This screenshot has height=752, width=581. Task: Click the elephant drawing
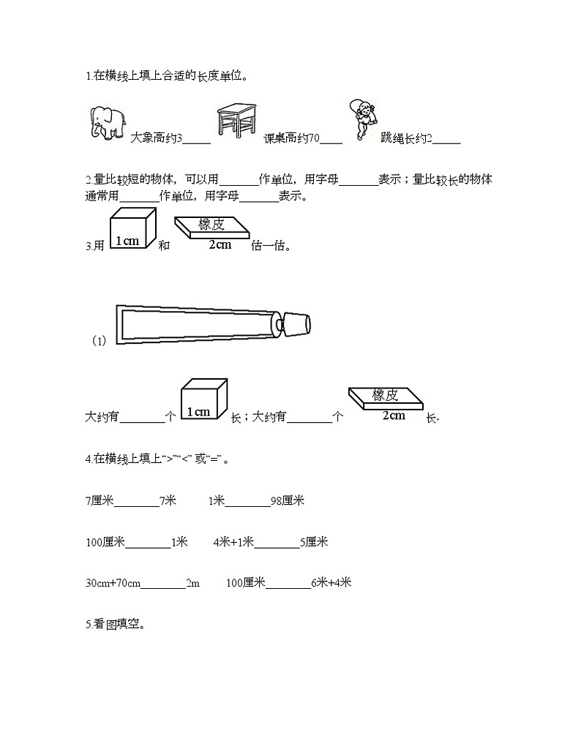(106, 122)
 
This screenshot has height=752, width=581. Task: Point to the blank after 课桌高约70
(331, 139)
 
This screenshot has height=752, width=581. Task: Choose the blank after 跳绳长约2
(446, 139)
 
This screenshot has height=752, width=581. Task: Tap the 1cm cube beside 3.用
(132, 229)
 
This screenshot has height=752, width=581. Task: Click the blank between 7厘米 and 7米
(137, 502)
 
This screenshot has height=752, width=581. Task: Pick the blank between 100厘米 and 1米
(148, 543)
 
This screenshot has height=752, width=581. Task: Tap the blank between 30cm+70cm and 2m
(163, 584)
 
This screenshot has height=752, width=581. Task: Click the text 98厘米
(287, 501)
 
